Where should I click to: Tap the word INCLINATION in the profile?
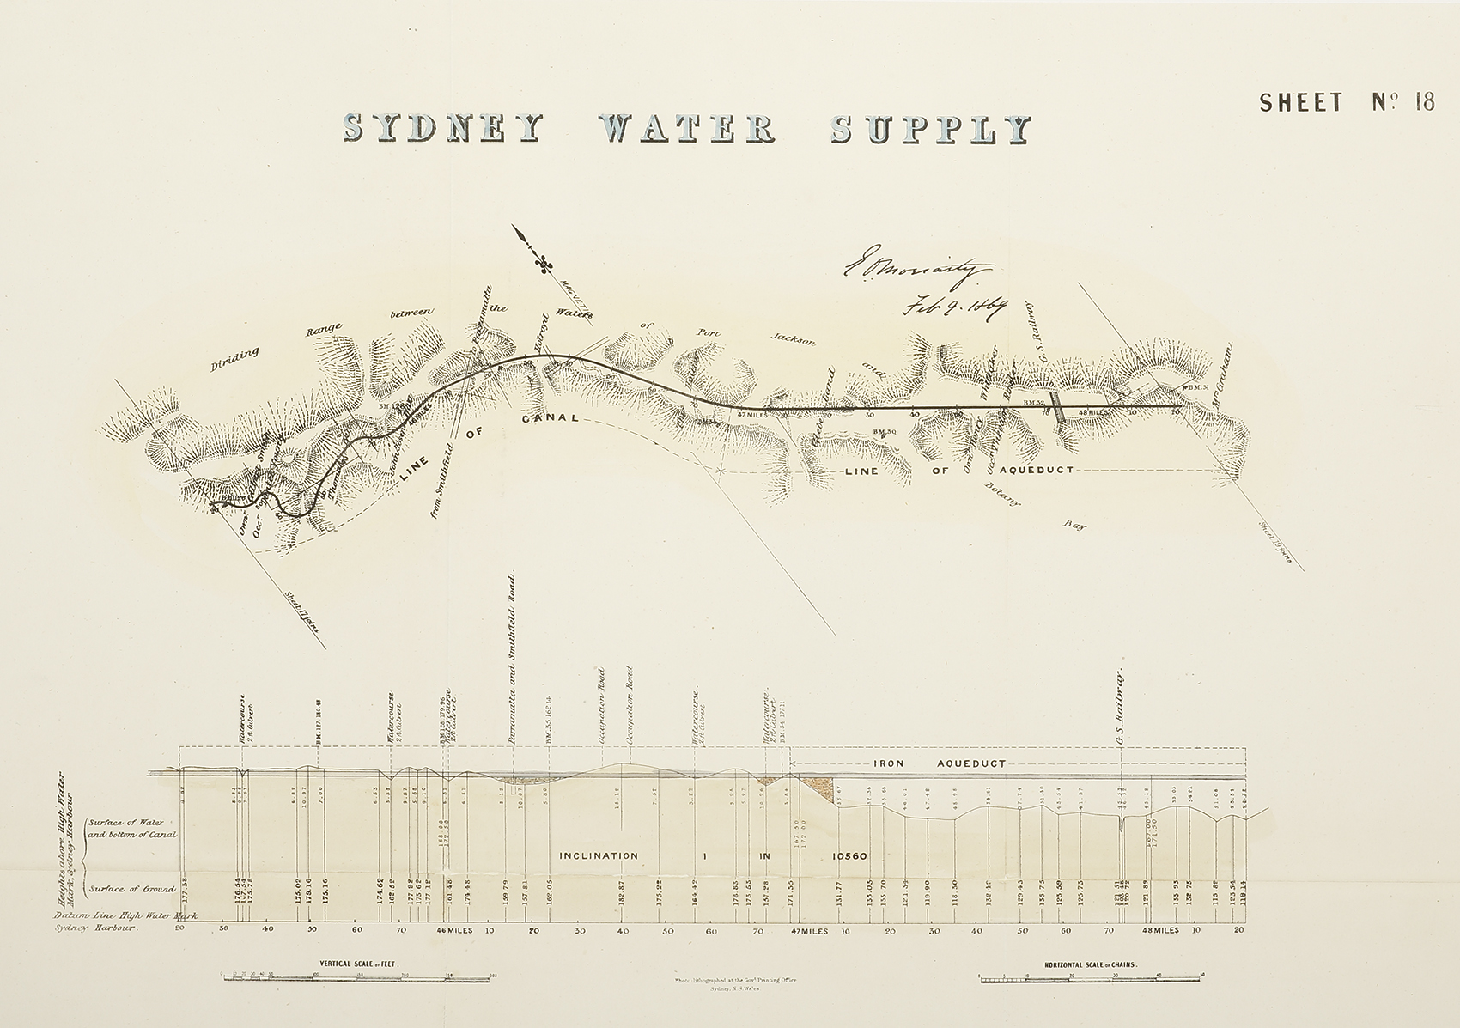pos(599,855)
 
